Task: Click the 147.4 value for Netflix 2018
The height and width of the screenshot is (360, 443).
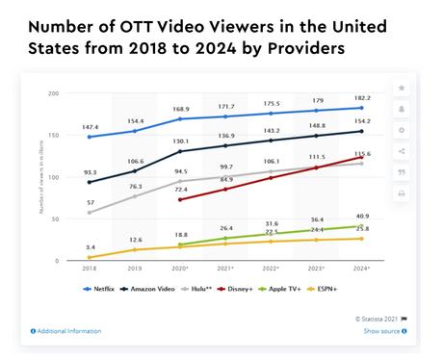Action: click(x=90, y=126)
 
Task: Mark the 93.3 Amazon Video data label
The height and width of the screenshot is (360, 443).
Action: click(x=90, y=171)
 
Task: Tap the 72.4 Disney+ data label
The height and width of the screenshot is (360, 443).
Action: click(x=181, y=190)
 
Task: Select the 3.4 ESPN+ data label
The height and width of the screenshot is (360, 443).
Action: click(x=90, y=247)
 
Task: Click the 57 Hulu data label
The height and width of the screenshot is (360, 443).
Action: click(x=90, y=203)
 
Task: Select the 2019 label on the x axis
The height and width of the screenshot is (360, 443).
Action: click(x=136, y=270)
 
